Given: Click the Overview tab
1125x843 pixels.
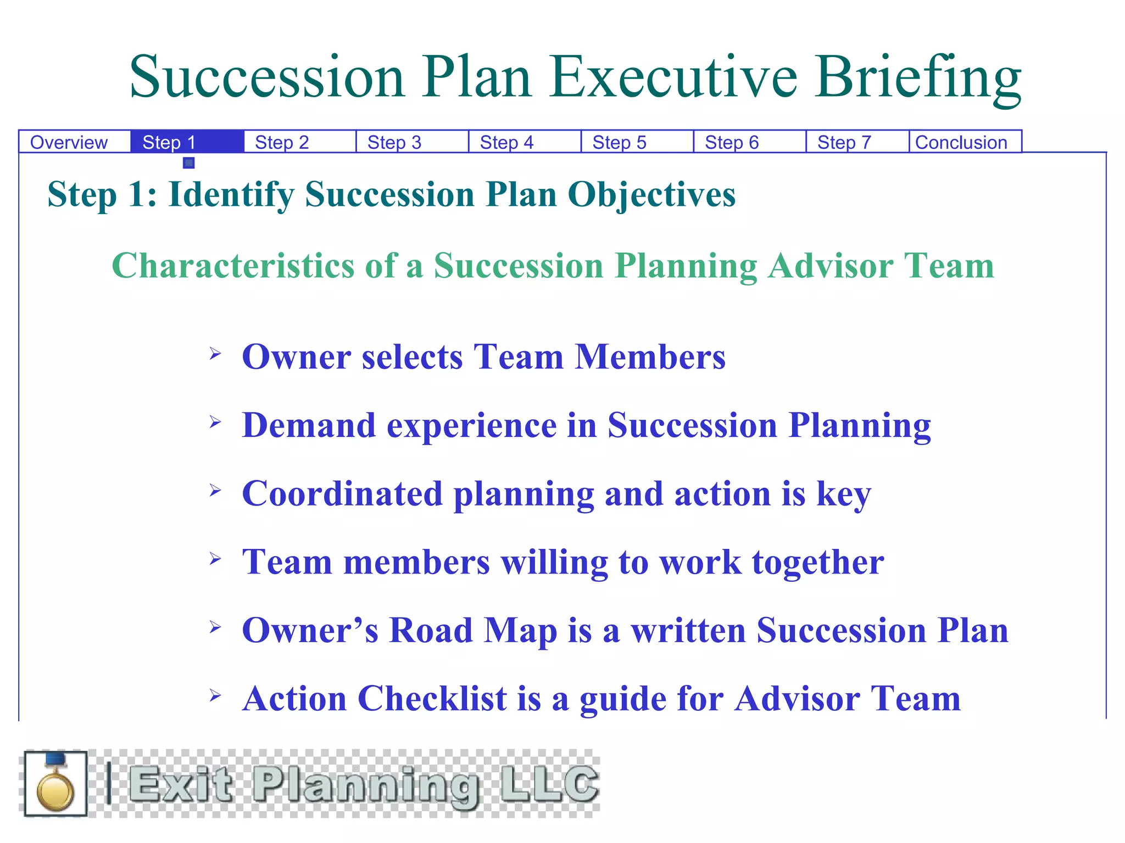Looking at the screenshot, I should coord(69,142).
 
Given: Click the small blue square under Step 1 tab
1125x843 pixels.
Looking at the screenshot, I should coord(189,163).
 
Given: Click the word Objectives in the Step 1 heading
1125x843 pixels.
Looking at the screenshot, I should coord(651,195).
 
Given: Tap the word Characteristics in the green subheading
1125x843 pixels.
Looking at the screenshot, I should coord(233,266).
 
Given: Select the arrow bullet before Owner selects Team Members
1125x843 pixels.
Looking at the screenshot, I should coord(215,353).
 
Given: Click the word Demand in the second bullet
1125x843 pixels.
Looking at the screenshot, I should coord(309,425).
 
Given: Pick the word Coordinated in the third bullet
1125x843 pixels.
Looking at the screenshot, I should coord(342,494).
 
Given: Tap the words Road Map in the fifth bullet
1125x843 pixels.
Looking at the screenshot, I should coord(473,631).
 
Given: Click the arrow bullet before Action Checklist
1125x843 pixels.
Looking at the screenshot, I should coord(215,696).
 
